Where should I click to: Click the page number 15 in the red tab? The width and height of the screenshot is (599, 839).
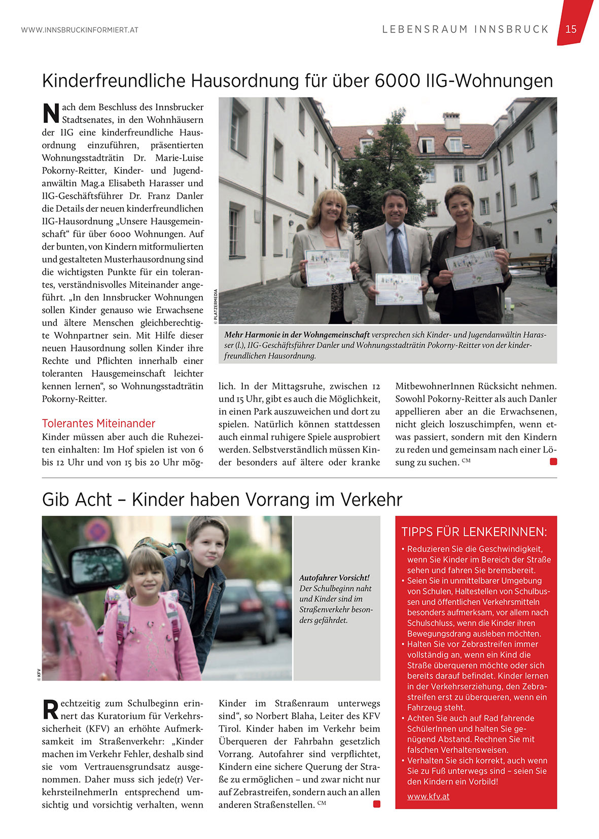point(571,29)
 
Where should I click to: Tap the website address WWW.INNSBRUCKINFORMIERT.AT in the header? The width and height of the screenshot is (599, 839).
point(80,30)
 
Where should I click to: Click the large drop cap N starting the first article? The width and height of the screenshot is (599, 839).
point(51,113)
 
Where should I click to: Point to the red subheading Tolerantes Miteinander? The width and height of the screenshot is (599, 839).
point(98,423)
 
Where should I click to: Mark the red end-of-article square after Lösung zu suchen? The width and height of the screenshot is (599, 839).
point(553,462)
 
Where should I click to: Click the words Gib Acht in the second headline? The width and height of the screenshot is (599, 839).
point(77,500)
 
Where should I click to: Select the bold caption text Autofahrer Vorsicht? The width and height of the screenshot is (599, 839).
point(334,578)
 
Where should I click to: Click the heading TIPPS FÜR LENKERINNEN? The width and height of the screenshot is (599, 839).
point(474,532)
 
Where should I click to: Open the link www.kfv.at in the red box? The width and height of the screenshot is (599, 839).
point(428,796)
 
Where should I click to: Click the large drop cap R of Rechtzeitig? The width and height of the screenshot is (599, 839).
point(50,709)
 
